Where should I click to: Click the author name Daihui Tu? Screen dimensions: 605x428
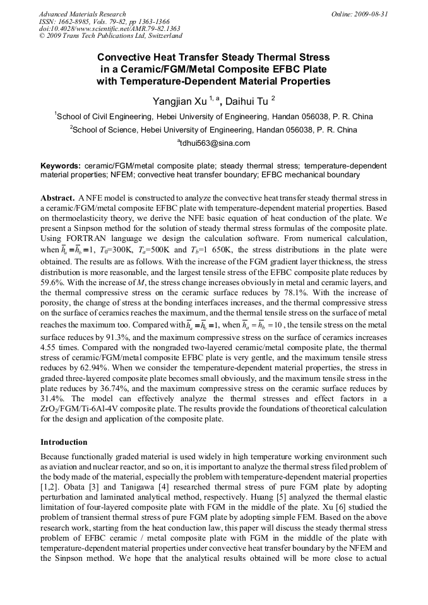pos(247,101)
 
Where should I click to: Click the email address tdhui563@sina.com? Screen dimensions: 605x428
pos(214,143)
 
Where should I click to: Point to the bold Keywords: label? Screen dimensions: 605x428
pos(61,166)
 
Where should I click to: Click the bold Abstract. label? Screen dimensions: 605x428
pos(58,197)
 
